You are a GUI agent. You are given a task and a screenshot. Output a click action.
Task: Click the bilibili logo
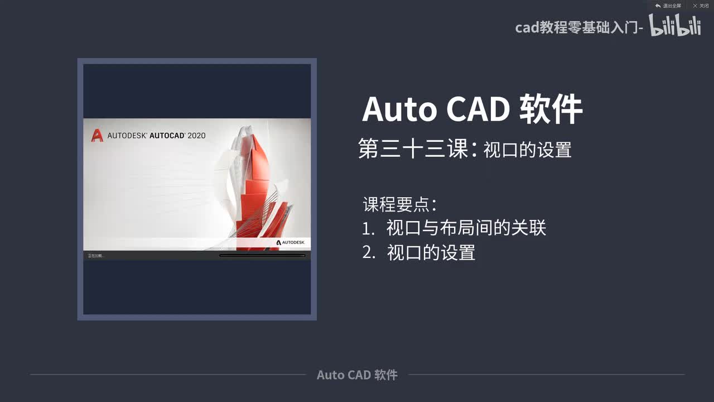pos(674,26)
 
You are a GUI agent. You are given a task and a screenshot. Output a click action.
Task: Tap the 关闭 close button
pos(701,6)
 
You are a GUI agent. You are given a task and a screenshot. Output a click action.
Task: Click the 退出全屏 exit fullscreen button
pos(668,6)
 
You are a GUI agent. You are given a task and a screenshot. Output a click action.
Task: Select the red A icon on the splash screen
pos(97,135)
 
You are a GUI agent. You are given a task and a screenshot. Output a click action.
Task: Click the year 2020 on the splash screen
pos(196,135)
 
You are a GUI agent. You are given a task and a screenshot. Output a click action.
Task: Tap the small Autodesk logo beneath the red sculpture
pos(290,242)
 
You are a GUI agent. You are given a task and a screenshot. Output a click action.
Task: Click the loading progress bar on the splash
pos(262,256)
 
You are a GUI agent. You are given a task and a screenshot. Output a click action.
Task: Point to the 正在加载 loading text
pos(95,256)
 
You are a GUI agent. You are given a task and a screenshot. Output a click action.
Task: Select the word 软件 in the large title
pos(551,109)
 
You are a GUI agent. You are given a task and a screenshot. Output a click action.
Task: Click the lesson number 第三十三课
pos(413,150)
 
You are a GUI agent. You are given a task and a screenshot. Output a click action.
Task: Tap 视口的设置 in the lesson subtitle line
pos(527,150)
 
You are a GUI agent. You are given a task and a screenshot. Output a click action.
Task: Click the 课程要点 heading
pos(399,204)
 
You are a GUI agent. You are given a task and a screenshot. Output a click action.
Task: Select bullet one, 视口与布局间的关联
pos(466,228)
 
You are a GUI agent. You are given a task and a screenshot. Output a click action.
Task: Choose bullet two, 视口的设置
pos(431,253)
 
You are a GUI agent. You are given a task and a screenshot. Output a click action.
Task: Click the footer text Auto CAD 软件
pos(357,375)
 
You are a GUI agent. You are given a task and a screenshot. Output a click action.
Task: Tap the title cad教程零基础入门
pos(579,27)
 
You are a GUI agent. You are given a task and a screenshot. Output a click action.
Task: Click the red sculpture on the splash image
pos(259,190)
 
